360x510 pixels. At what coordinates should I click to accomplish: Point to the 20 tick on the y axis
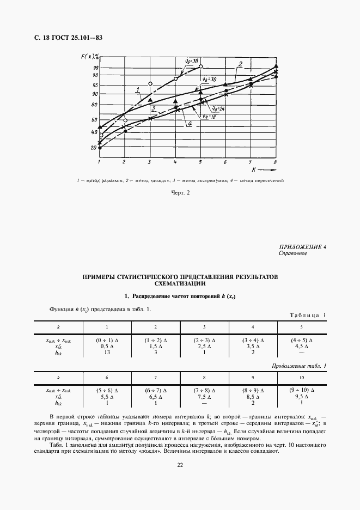[x=94, y=147]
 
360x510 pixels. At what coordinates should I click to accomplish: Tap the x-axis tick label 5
[x=200, y=163]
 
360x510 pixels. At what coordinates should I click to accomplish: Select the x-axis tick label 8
[x=276, y=163]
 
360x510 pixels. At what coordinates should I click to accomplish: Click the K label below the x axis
[x=247, y=171]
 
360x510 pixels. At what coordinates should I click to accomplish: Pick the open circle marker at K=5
[x=200, y=66]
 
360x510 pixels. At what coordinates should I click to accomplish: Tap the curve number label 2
[x=239, y=64]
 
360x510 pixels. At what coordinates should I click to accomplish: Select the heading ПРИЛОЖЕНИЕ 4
[x=302, y=248]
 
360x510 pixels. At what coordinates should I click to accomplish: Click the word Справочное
[x=294, y=254]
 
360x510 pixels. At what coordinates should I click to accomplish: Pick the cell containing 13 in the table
[x=107, y=353]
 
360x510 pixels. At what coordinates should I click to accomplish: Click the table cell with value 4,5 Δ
[x=301, y=346]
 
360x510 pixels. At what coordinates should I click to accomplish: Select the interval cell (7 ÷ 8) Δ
[x=204, y=391]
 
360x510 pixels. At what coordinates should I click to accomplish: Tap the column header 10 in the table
[x=301, y=377]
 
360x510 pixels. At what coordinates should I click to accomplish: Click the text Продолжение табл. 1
[x=298, y=366]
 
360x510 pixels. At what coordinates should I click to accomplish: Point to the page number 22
[x=179, y=465]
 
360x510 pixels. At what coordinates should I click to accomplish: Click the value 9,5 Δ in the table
[x=301, y=397]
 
